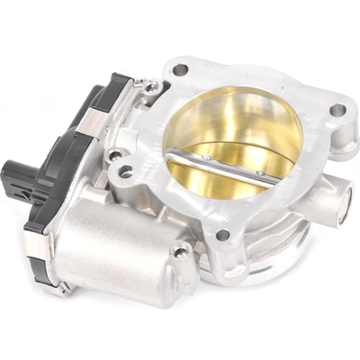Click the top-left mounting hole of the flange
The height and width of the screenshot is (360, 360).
tap(180, 68)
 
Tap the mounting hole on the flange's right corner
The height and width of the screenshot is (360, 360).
tap(337, 110)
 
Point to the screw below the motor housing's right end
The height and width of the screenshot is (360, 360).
tap(181, 249)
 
